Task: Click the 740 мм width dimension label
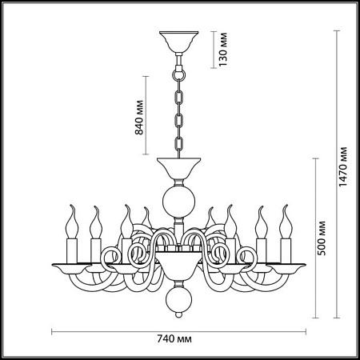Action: point(174,339)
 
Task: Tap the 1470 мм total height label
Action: point(343,166)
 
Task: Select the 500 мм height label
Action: point(322,238)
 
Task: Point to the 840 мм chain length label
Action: point(139,118)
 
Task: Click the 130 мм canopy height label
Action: point(223,50)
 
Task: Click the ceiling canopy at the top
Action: point(179,42)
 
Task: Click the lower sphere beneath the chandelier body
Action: point(179,298)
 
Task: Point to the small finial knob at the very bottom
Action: point(179,314)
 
